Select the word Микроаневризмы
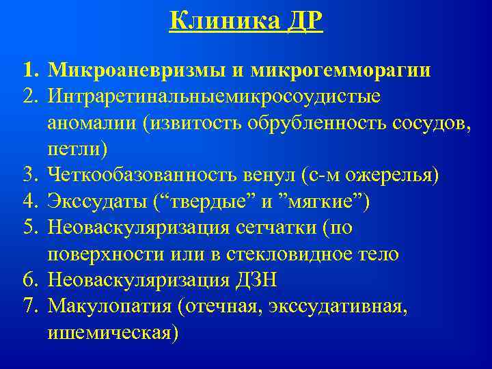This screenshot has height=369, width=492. [133, 70]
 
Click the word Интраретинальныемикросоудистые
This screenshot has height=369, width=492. [215, 96]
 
